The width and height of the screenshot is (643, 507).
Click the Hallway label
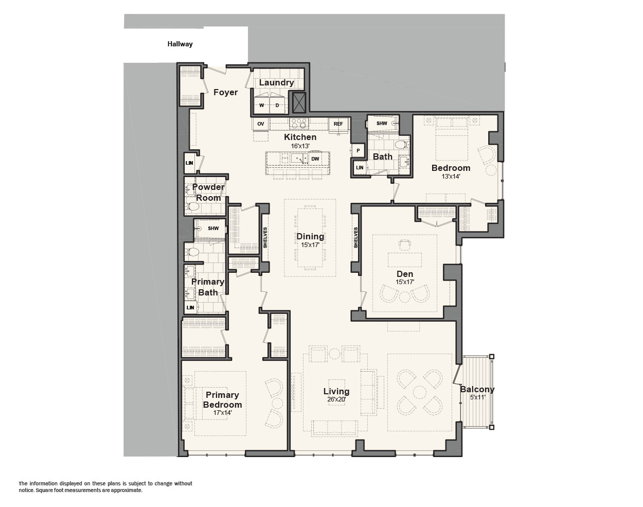(x=180, y=44)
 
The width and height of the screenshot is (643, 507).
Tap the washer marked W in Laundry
(x=261, y=103)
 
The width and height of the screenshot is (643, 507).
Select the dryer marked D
(x=278, y=103)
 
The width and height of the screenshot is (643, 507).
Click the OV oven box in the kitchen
(x=261, y=124)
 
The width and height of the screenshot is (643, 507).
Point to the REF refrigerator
(x=338, y=124)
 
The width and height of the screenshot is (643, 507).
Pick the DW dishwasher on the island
(x=315, y=159)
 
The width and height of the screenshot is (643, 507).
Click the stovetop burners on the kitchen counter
(x=299, y=123)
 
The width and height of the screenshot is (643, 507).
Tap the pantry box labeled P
(x=358, y=151)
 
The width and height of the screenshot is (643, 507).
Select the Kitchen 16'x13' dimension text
(x=300, y=146)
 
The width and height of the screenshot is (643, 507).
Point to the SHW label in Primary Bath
(x=213, y=229)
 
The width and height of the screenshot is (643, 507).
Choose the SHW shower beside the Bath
(x=382, y=124)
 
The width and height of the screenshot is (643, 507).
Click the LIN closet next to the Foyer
(x=189, y=163)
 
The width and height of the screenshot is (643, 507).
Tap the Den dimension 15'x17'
(x=405, y=282)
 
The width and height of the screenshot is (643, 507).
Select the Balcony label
(x=477, y=389)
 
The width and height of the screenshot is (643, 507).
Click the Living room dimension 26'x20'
(x=336, y=399)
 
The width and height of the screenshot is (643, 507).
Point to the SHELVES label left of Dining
(x=265, y=238)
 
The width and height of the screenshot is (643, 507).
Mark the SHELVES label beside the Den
(x=355, y=238)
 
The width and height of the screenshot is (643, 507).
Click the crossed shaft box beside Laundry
(x=299, y=102)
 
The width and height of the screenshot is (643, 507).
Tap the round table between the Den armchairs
(x=405, y=297)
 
